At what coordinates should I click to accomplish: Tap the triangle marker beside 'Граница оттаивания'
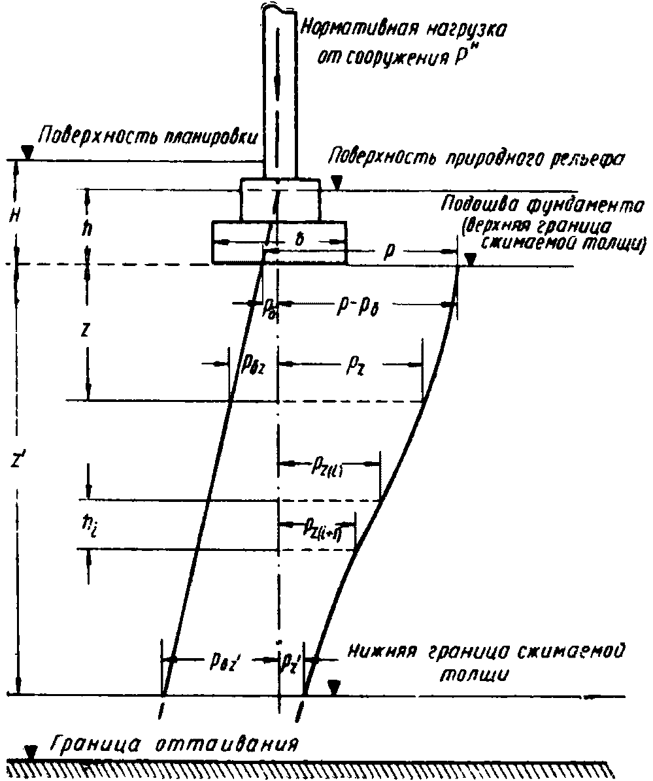click(29, 751)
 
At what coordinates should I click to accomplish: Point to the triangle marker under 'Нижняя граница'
click(335, 687)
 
